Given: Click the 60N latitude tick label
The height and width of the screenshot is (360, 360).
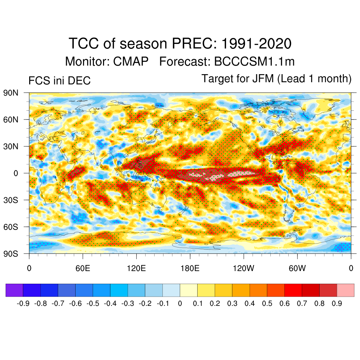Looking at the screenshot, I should (x=11, y=120).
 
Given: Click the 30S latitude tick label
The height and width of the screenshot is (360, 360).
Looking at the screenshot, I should (x=11, y=200).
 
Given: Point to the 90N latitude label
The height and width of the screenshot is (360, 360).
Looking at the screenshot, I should (x=11, y=93).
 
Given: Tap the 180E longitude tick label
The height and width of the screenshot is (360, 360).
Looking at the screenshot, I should (x=190, y=269).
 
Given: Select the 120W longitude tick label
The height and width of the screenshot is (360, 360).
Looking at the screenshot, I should (x=243, y=269).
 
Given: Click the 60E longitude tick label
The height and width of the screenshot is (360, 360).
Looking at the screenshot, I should (x=83, y=269).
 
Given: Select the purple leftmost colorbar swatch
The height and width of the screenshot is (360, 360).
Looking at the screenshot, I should (x=14, y=290).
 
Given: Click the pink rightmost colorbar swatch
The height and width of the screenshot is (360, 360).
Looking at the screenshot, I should (x=345, y=290).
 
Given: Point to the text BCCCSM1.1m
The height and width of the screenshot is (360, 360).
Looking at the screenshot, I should (x=254, y=62).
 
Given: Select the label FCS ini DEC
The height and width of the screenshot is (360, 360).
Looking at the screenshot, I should (x=59, y=81).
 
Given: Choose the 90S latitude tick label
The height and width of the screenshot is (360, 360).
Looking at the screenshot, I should (x=11, y=253).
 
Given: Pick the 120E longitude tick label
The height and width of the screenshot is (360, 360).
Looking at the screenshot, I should (x=136, y=269).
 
